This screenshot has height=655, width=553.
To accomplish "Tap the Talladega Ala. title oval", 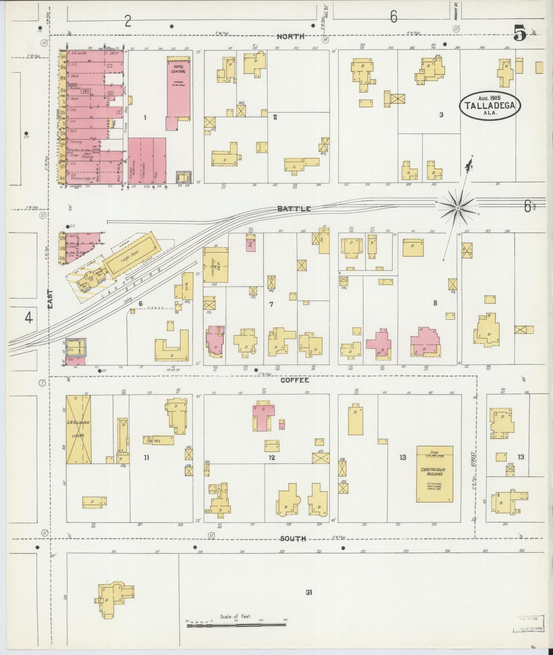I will [x=490, y=105].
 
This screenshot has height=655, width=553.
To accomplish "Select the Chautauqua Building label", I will [x=435, y=472].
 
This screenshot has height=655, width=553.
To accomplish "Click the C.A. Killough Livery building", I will [x=79, y=429].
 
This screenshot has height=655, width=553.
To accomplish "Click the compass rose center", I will [x=458, y=208].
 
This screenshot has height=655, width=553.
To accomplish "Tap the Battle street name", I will [x=294, y=209].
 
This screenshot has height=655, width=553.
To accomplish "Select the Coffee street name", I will [x=295, y=380].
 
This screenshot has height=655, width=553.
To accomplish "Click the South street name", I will [x=293, y=539].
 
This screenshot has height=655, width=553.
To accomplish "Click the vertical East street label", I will [x=51, y=300].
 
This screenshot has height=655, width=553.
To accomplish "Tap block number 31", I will [x=309, y=592].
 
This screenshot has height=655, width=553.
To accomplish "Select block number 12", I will [x=272, y=457].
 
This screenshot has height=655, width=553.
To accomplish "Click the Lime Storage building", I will [x=215, y=265].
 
